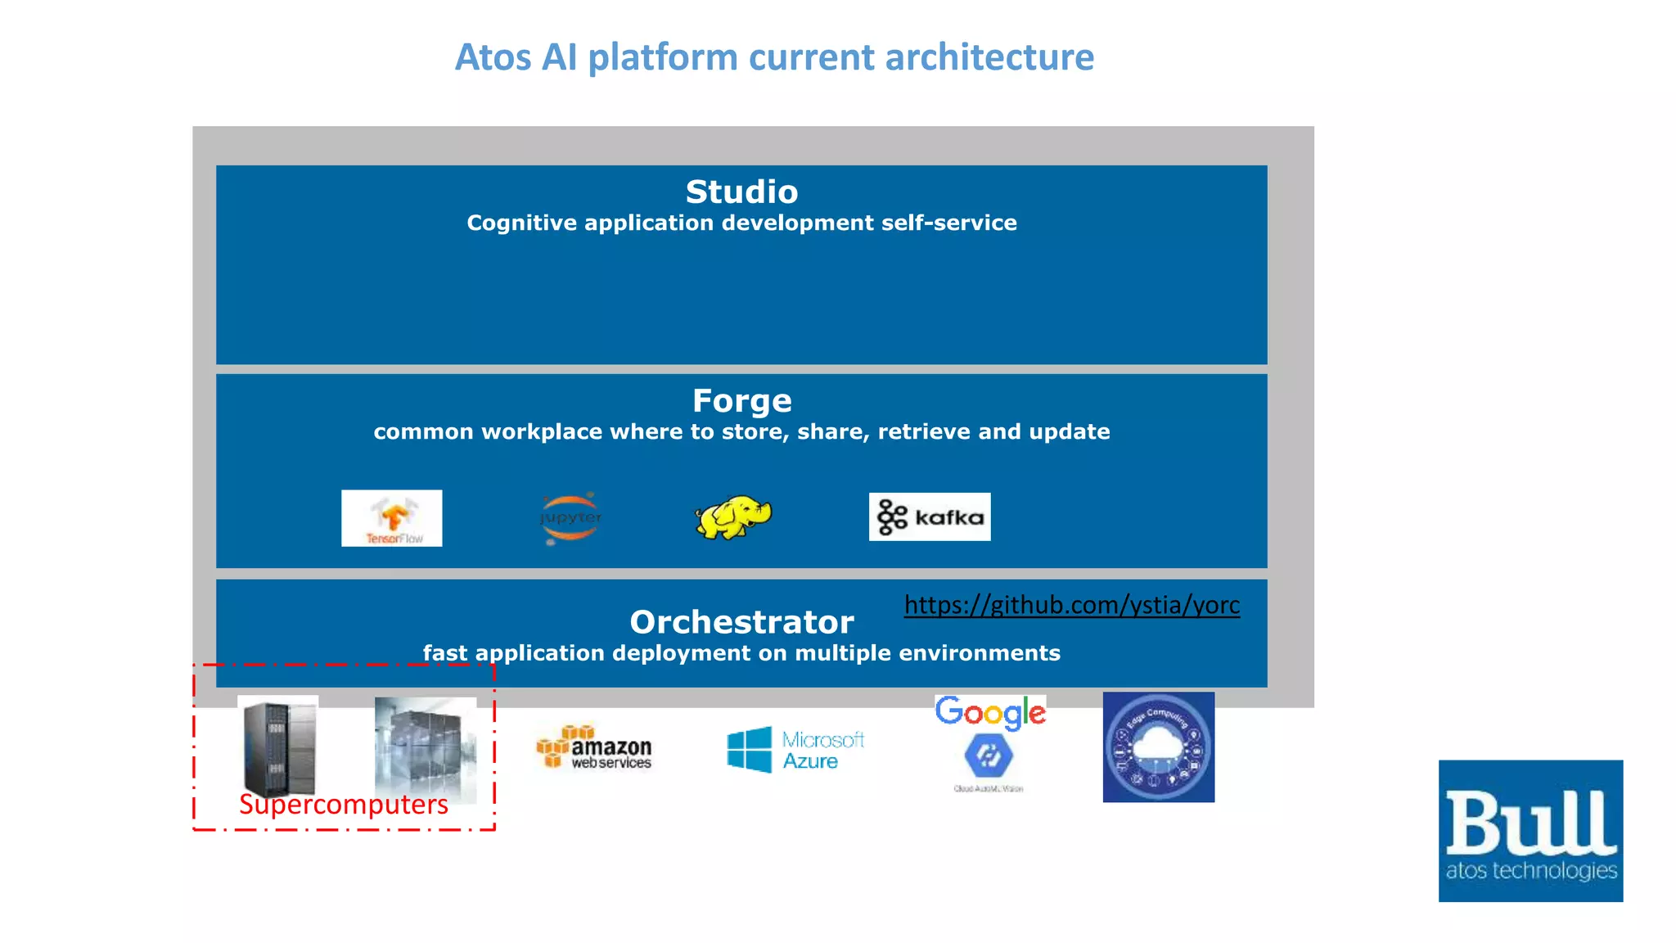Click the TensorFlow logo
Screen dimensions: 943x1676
pyautogui.click(x=391, y=518)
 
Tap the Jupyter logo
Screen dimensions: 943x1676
pyautogui.click(x=570, y=518)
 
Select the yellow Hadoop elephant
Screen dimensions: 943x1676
pyautogui.click(x=732, y=517)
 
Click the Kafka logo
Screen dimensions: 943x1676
pyautogui.click(x=929, y=517)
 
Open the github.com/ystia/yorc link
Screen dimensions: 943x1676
pyautogui.click(x=1071, y=605)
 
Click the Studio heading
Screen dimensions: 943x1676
pyautogui.click(x=741, y=192)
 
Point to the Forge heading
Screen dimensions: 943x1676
pyautogui.click(x=741, y=401)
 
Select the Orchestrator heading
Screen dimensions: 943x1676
pyautogui.click(x=741, y=622)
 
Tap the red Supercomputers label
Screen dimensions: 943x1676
pyautogui.click(x=343, y=805)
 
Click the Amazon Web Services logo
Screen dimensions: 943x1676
pyautogui.click(x=595, y=747)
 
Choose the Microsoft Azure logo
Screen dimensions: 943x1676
pyautogui.click(x=795, y=750)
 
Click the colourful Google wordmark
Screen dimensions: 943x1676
pyautogui.click(x=990, y=712)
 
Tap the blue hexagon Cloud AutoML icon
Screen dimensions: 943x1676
pyautogui.click(x=989, y=756)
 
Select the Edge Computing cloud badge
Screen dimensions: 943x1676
pyautogui.click(x=1158, y=747)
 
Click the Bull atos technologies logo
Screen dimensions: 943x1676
pyautogui.click(x=1530, y=831)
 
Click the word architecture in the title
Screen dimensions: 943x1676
pyautogui.click(x=989, y=57)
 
